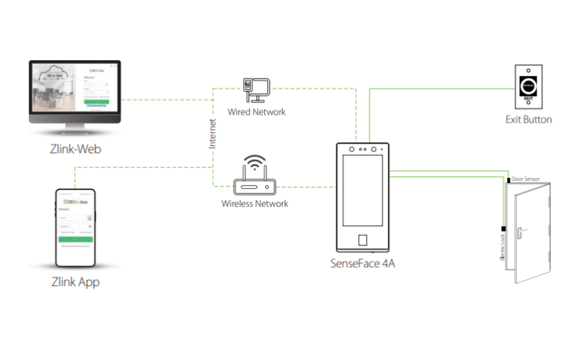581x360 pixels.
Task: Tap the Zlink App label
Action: pyautogui.click(x=76, y=282)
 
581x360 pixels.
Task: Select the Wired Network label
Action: pyautogui.click(x=256, y=112)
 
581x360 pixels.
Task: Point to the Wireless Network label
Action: pyautogui.click(x=255, y=204)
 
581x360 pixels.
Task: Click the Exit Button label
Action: pyautogui.click(x=528, y=119)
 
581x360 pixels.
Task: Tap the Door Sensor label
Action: pyautogui.click(x=525, y=178)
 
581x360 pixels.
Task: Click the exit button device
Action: pyautogui.click(x=528, y=85)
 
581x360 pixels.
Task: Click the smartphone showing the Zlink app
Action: pyautogui.click(x=76, y=229)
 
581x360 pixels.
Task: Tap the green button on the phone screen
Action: pyautogui.click(x=76, y=238)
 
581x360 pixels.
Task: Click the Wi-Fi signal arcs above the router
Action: pyautogui.click(x=255, y=160)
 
